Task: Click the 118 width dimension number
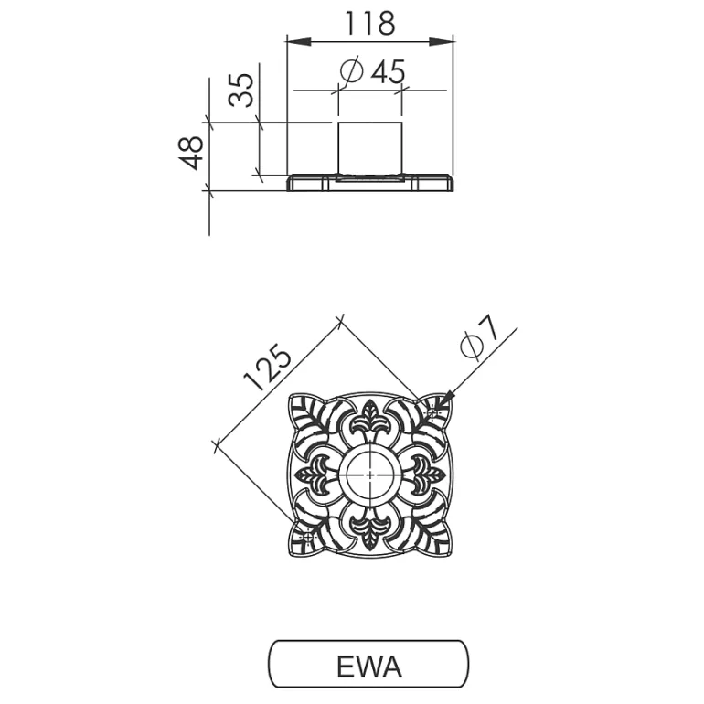[x=369, y=24]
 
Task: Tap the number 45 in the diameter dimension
[x=388, y=72]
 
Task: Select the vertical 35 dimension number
[x=241, y=90]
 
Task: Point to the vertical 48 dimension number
[x=191, y=153]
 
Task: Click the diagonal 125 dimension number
[x=268, y=368]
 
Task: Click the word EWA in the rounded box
[x=369, y=667]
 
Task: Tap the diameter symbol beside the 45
[x=352, y=71]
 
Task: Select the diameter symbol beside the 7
[x=472, y=347]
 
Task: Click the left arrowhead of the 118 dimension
[x=299, y=42]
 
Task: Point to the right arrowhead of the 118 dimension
[x=441, y=42]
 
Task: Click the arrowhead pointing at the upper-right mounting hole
[x=445, y=400]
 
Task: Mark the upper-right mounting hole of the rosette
[x=432, y=412]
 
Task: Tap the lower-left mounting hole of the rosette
[x=308, y=537]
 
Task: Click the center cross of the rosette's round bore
[x=370, y=475]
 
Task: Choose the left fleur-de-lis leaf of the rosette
[x=313, y=475]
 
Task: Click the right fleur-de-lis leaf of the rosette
[x=428, y=475]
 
